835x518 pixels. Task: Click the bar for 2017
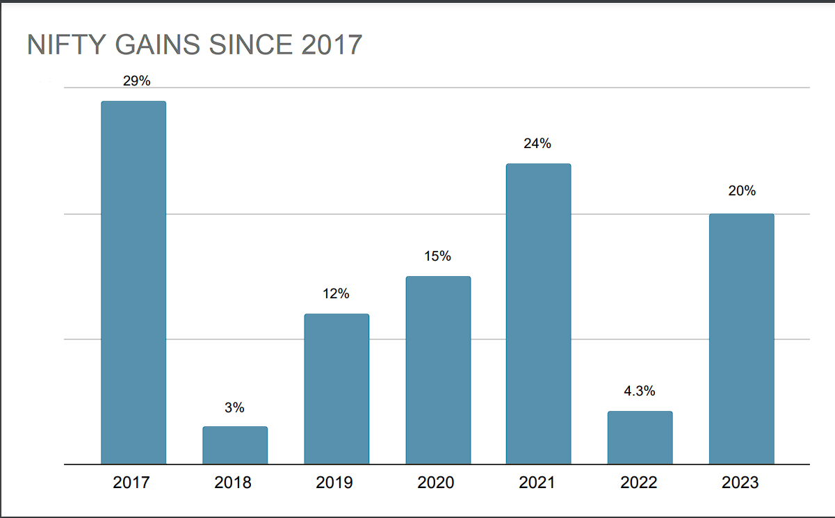[133, 282]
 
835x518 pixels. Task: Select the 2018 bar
[235, 445]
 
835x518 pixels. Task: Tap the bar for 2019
[337, 389]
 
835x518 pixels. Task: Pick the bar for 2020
[438, 370]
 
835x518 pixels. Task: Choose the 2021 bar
[539, 314]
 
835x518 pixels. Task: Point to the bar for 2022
[640, 437]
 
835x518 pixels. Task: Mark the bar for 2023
[741, 339]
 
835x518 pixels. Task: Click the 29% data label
[136, 81]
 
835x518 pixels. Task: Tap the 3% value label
[234, 408]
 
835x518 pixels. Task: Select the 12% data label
[336, 294]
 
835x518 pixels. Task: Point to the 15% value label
[437, 257]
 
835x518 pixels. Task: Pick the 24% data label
[537, 144]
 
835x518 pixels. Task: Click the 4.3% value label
[639, 391]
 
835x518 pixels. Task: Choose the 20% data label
[742, 191]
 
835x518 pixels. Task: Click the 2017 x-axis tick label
[131, 483]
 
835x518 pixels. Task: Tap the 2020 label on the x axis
[436, 483]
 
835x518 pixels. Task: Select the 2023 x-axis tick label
[740, 483]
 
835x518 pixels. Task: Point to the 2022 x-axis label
[638, 483]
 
